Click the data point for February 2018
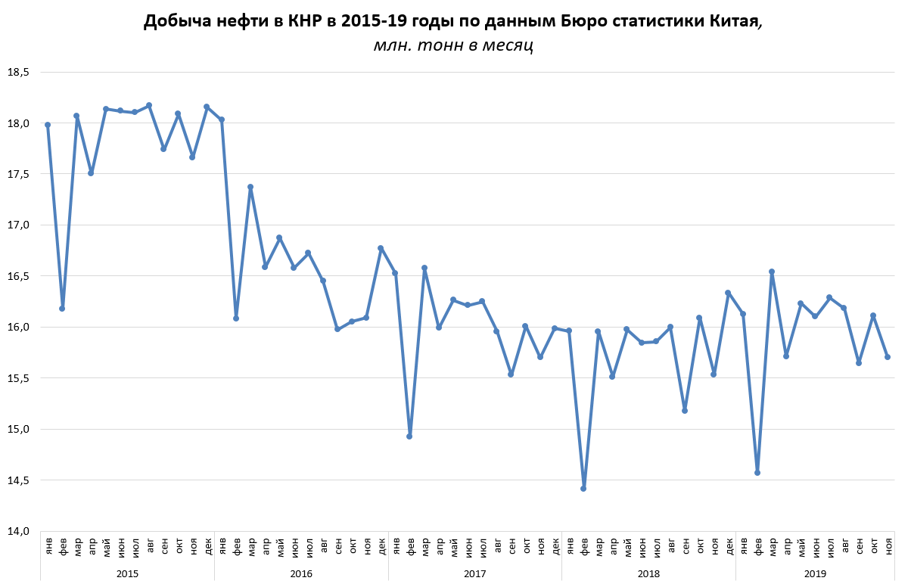[583, 489]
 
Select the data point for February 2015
[62, 309]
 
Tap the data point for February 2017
[409, 436]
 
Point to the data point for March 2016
[250, 187]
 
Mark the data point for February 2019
[757, 473]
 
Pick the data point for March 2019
[772, 272]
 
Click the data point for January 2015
[48, 125]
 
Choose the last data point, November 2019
[888, 357]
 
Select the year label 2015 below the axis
[127, 574]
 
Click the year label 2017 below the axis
[474, 574]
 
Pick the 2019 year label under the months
[815, 574]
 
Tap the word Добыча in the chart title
[176, 22]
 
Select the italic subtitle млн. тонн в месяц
[454, 46]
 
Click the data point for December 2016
[381, 248]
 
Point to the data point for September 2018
[685, 411]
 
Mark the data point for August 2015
[149, 105]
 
